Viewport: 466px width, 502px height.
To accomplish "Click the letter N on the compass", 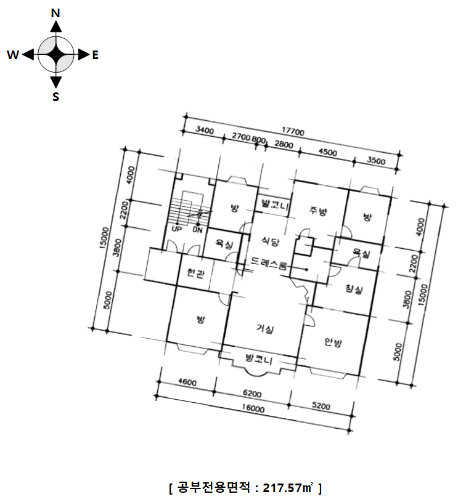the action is (x=55, y=13).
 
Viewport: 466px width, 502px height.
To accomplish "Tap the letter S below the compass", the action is (x=55, y=96).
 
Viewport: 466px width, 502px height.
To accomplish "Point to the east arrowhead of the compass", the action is (x=84, y=55).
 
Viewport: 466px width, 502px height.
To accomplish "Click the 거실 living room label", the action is (x=264, y=328).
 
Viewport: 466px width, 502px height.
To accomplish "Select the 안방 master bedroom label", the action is (x=333, y=342).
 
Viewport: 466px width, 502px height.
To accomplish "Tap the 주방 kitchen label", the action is (x=318, y=210).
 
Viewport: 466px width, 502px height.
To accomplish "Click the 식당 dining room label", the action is (x=270, y=241).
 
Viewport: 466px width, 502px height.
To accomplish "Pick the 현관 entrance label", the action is (x=196, y=273).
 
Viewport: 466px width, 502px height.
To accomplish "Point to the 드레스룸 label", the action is (x=269, y=263).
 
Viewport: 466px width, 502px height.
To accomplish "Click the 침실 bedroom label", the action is (x=354, y=289).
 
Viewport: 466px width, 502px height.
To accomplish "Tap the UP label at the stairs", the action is (x=176, y=229).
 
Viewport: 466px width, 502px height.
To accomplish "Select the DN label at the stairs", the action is (x=197, y=230).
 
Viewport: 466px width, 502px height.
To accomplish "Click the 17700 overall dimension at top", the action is (x=293, y=131).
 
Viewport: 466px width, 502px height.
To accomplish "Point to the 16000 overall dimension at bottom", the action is (x=253, y=409).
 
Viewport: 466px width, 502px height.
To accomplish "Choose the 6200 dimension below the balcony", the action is (x=252, y=394).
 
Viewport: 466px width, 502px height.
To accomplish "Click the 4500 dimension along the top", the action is (x=327, y=152).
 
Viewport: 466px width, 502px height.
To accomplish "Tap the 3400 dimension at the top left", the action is (x=205, y=130).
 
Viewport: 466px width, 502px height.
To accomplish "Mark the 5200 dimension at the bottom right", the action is (x=321, y=406).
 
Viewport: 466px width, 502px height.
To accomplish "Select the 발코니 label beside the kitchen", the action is (x=276, y=204).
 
